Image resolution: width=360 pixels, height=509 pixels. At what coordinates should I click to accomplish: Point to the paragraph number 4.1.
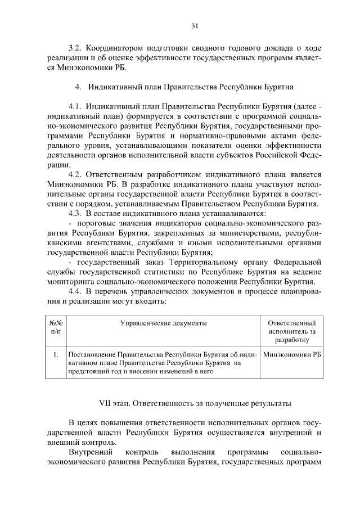76,107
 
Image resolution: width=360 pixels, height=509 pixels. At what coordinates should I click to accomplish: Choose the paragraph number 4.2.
76,174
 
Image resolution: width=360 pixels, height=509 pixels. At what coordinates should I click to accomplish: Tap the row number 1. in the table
56,355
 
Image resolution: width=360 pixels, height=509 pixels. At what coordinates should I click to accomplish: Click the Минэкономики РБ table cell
292,355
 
